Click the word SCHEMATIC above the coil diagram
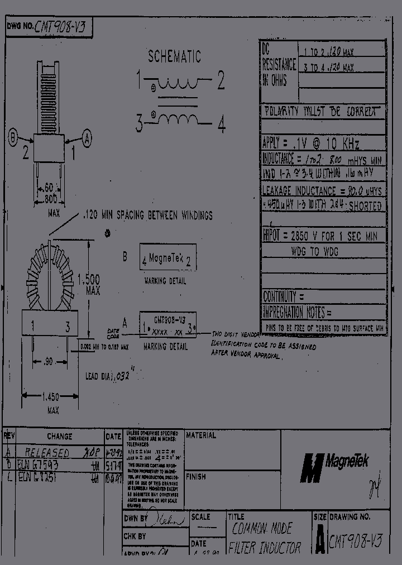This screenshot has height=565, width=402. click(174, 56)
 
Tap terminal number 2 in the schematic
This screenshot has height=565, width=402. click(221, 82)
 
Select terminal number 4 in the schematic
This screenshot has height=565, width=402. click(221, 125)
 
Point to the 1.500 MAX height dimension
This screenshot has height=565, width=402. click(89, 284)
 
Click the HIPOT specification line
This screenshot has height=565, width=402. click(319, 236)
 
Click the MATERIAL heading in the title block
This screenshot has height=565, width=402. click(200, 435)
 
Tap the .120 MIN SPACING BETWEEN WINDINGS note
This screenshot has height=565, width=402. click(147, 215)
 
